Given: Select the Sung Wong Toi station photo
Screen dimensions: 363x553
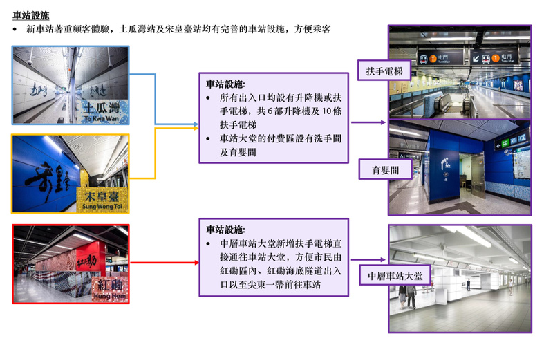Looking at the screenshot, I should click(71, 173).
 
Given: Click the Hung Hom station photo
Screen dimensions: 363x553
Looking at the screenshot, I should click(71, 263).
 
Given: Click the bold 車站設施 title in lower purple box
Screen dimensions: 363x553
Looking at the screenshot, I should click(225, 229).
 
